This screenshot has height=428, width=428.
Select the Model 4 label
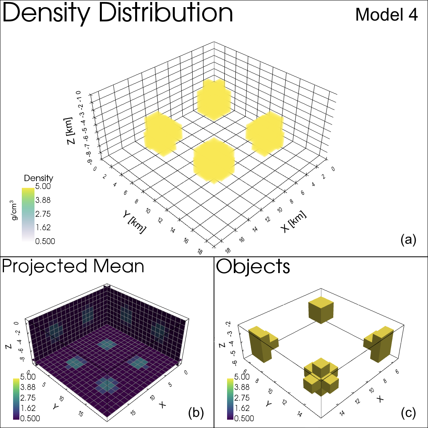click(386, 15)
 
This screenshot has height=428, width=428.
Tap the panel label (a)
click(408, 240)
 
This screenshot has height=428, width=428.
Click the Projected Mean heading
click(73, 266)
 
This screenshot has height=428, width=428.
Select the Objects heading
click(253, 267)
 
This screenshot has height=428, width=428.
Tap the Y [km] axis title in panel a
click(134, 222)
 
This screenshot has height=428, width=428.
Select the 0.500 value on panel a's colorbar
click(44, 241)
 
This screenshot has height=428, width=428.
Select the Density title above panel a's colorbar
click(38, 178)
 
